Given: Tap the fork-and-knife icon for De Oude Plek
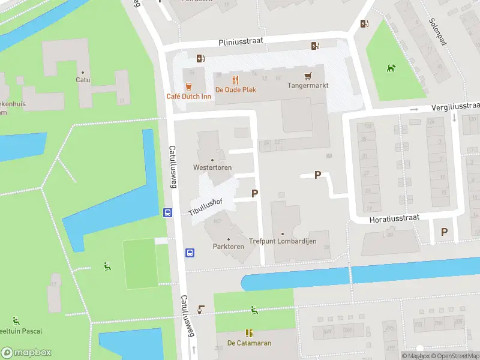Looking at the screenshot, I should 236,79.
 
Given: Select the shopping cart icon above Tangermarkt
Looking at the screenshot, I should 308,76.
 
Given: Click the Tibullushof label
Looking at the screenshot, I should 206,206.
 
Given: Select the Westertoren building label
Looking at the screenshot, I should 212,167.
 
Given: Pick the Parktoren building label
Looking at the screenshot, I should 228,247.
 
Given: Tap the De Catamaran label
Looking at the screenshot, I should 249,343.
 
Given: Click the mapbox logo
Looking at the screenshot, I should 26,352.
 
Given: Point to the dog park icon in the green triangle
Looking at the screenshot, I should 391,68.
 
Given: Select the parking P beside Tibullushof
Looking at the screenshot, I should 255,193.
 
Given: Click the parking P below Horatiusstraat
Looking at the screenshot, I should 445,232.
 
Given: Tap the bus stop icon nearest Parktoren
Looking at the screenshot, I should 190,253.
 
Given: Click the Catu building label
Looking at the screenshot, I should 83,79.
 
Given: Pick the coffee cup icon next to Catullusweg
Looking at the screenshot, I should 202,309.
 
